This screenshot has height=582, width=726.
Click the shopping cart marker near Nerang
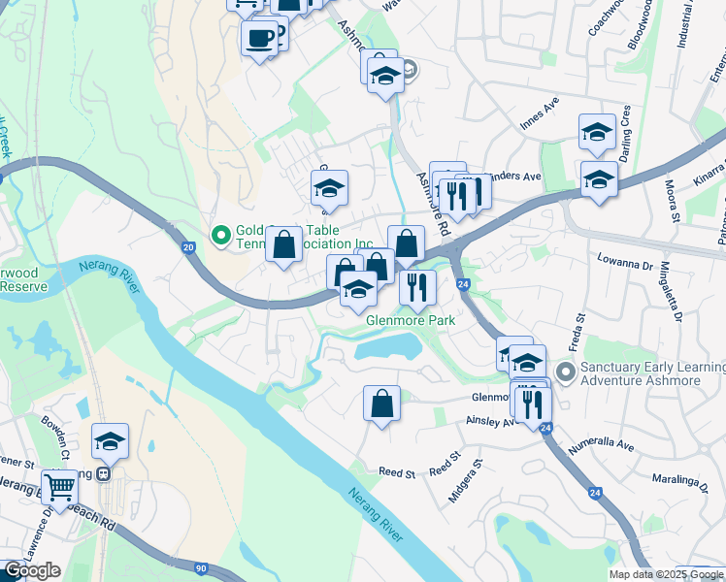coord(60,488)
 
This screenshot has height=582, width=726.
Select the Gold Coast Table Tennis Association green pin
coord(220,235)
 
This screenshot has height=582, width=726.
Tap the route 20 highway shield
coord(188,249)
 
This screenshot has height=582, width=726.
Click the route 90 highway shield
coord(201,567)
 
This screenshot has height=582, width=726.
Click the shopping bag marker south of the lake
coord(382,404)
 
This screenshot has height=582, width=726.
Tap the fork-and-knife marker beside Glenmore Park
coord(417,287)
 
